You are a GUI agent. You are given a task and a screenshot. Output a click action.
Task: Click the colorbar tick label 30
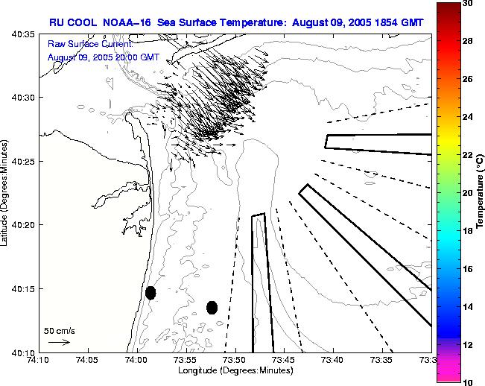pyautogui.click(x=467, y=3)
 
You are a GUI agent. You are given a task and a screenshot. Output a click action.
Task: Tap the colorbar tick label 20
pyautogui.click(x=467, y=193)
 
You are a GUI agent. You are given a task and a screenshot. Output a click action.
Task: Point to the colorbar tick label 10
pyautogui.click(x=467, y=382)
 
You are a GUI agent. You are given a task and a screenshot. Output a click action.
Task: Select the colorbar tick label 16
pyautogui.click(x=467, y=268)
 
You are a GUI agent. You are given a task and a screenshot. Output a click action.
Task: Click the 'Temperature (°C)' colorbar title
pyautogui.click(x=481, y=192)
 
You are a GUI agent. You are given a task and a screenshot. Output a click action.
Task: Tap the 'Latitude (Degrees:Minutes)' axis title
pyautogui.click(x=5, y=193)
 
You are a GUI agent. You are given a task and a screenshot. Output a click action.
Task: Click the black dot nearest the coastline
pyautogui.click(x=150, y=293)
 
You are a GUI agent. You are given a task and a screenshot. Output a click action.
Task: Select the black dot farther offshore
pyautogui.click(x=212, y=307)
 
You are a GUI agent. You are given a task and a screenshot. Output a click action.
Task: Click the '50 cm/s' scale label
pyautogui.click(x=60, y=330)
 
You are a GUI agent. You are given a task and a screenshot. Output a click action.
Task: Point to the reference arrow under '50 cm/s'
pyautogui.click(x=59, y=342)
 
